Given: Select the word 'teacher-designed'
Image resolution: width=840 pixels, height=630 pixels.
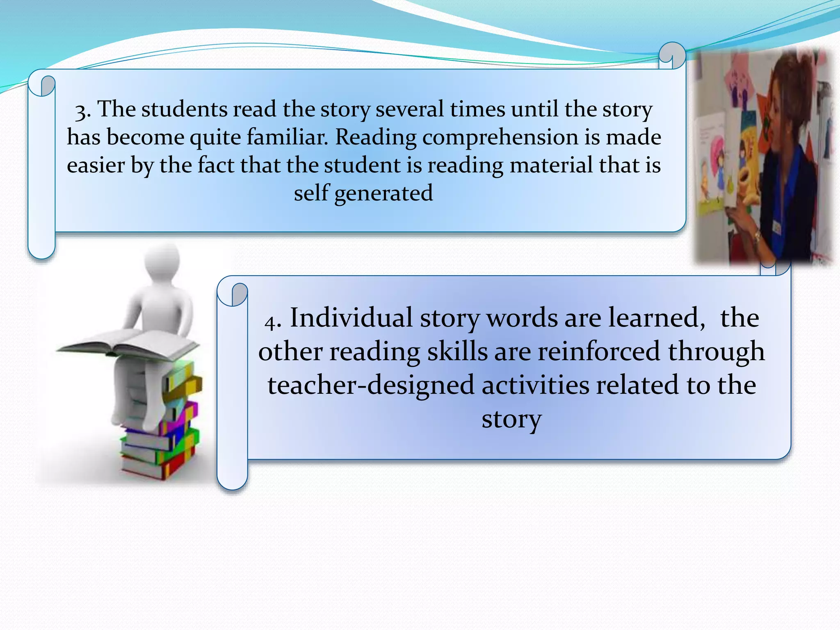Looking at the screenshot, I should [371, 386].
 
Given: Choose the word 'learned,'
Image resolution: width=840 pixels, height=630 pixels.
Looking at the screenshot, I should [657, 318].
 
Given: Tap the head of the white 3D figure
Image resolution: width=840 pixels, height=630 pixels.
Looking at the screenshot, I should [162, 260].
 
